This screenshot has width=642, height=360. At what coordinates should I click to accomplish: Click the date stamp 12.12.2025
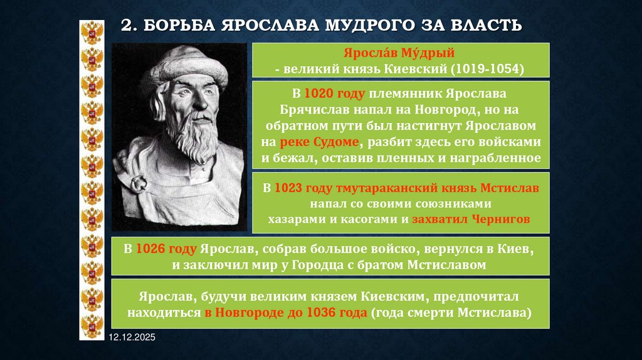pyautogui.click(x=132, y=338)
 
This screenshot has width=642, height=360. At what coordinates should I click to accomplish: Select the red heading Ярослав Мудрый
pyautogui.click(x=401, y=54)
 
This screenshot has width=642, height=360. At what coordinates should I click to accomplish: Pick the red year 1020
pyautogui.click(x=317, y=95)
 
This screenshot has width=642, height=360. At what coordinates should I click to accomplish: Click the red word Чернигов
pyautogui.click(x=499, y=220)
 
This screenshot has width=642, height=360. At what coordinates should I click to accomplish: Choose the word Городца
pyautogui.click(x=309, y=265)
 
